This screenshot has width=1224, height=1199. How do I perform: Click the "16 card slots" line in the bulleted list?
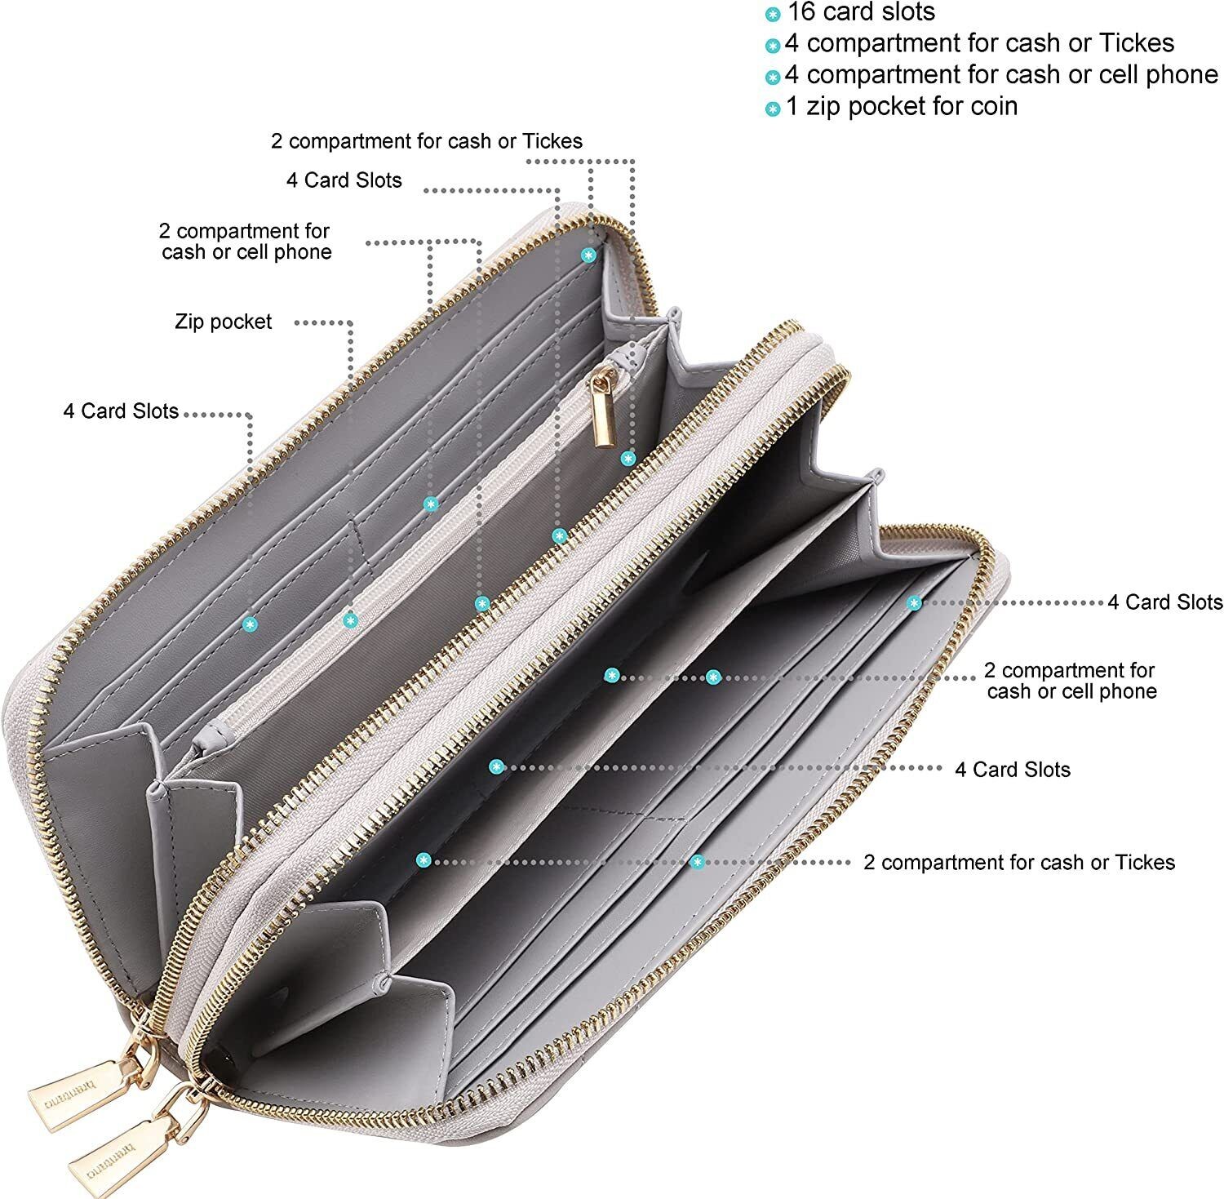tap(861, 13)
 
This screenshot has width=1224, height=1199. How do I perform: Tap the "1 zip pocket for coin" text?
tap(902, 106)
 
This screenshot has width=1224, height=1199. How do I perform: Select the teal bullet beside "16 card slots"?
tap(772, 15)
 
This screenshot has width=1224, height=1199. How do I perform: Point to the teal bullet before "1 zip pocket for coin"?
tap(772, 109)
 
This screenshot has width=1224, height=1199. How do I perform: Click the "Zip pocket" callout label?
tap(223, 322)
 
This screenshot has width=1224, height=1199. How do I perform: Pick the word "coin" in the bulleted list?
tap(990, 106)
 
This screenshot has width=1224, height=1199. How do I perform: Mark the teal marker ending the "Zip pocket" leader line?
tap(351, 621)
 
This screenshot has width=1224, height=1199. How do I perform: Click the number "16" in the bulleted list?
tap(801, 13)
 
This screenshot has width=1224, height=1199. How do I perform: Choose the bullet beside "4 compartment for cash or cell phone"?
tap(772, 78)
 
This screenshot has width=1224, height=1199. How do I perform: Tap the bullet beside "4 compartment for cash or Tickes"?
tap(772, 46)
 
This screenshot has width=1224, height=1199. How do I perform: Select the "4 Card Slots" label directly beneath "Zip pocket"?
tap(121, 411)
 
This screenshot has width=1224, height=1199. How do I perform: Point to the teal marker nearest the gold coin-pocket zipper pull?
tap(628, 459)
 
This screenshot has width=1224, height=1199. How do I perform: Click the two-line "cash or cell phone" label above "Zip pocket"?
tap(246, 242)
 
